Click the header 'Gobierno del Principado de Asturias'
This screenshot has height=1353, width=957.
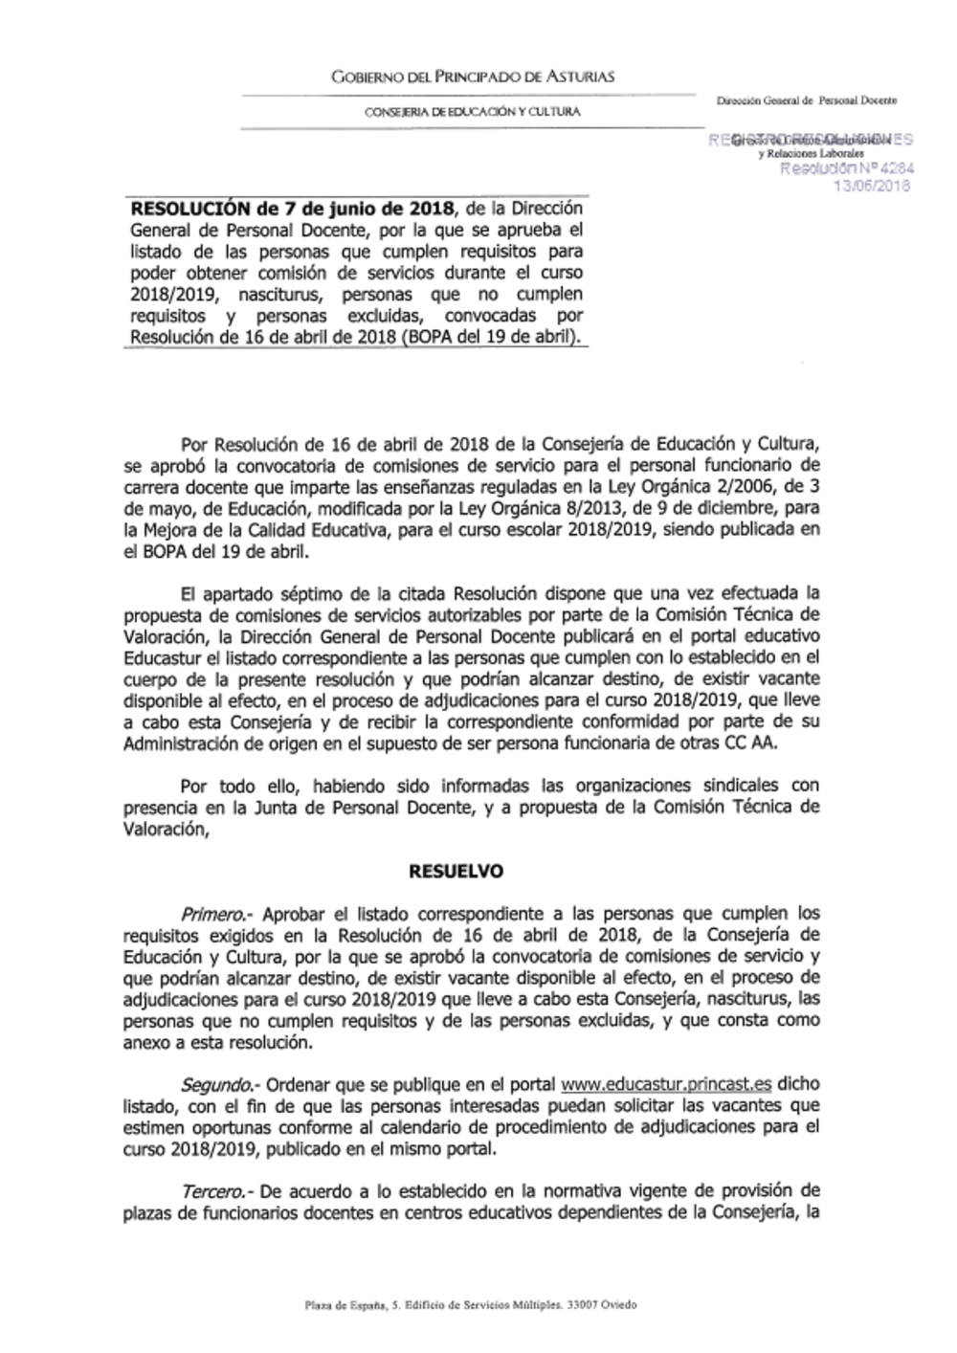click(472, 77)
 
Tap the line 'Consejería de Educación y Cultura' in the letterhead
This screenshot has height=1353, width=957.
click(472, 113)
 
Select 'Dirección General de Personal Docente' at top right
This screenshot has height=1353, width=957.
click(808, 100)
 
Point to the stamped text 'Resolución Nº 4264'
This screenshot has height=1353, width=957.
click(847, 169)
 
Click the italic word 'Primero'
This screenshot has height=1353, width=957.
click(215, 914)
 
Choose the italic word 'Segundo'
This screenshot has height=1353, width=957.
click(218, 1084)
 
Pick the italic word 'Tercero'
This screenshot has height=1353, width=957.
click(214, 1191)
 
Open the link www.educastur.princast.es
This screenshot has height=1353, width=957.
click(665, 1084)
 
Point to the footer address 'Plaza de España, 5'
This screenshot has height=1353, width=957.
click(345, 1305)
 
